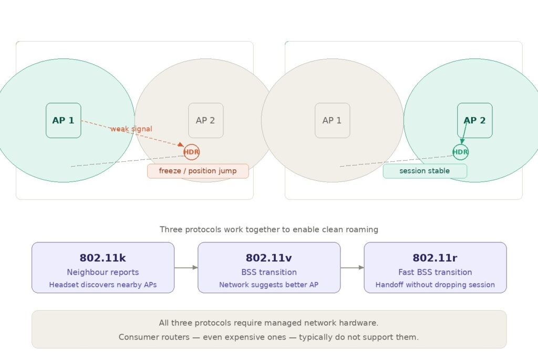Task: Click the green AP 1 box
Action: click(63, 120)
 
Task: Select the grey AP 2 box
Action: click(205, 120)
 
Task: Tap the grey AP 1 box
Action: click(332, 120)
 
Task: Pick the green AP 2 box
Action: click(474, 120)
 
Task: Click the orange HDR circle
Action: click(191, 152)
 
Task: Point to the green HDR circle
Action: click(460, 152)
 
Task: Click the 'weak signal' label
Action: click(131, 129)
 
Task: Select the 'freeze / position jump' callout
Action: click(198, 171)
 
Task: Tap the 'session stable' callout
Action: click(425, 171)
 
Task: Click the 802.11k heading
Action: click(102, 258)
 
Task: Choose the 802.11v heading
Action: click(268, 258)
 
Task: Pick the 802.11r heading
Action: click(435, 258)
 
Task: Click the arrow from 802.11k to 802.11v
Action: click(186, 268)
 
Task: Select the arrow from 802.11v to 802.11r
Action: click(352, 268)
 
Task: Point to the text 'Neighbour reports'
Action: click(102, 272)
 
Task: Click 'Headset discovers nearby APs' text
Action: click(102, 285)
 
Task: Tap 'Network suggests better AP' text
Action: click(268, 285)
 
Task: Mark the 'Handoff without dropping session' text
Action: click(435, 285)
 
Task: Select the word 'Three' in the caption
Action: click(171, 230)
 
